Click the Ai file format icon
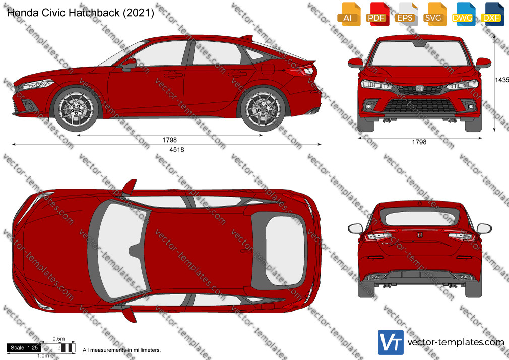click(349, 14)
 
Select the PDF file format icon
click(377, 14)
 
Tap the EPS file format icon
click(406, 14)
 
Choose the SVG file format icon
click(434, 14)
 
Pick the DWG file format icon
click(463, 14)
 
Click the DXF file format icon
click(492, 14)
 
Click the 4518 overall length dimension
click(176, 150)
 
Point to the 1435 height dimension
click(502, 80)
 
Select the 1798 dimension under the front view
click(419, 142)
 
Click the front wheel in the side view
click(76, 109)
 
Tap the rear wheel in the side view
click(263, 109)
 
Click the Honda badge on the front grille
click(419, 88)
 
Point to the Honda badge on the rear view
click(419, 235)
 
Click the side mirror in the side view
click(129, 65)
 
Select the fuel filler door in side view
click(268, 69)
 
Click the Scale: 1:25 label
click(24, 348)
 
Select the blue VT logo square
click(391, 342)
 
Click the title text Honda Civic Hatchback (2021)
click(80, 13)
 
